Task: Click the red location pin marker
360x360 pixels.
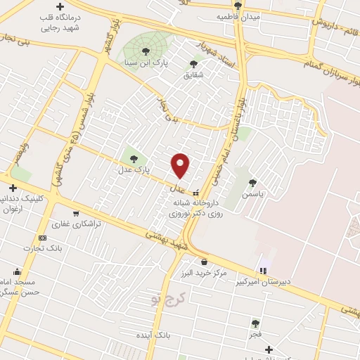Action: pos(181,165)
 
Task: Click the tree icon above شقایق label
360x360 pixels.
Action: pos(193,64)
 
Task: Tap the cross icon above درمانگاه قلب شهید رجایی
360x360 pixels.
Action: pos(59,6)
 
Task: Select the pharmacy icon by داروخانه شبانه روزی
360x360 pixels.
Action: pos(195,192)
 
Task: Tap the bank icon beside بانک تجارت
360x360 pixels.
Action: pos(43,238)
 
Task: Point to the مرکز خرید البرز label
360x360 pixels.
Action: pos(203,272)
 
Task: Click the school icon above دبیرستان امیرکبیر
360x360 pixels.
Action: pos(263,270)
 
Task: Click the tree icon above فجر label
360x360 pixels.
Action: pos(255,323)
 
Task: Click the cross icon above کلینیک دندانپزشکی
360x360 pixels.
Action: pos(11,188)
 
